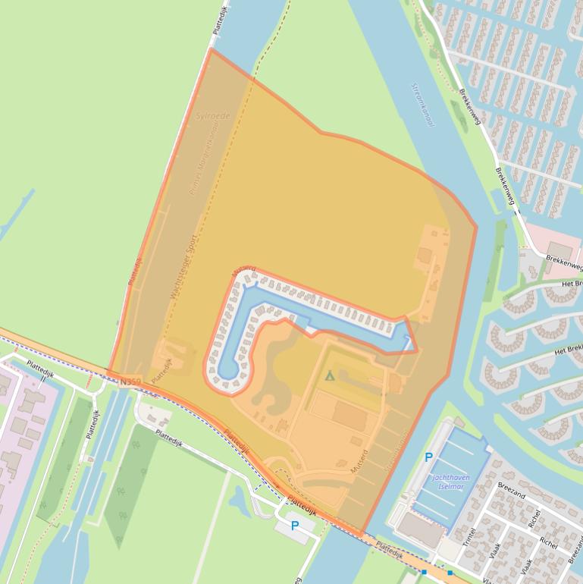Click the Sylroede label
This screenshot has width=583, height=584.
pyautogui.click(x=213, y=116)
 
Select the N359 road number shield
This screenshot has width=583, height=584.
pyautogui.click(x=130, y=382)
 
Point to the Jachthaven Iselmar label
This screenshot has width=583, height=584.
pyautogui.click(x=450, y=482)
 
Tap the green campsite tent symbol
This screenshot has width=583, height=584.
pyautogui.click(x=329, y=375)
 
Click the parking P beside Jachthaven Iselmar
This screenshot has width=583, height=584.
pyautogui.click(x=428, y=457)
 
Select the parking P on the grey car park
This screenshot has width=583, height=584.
pyautogui.click(x=295, y=525)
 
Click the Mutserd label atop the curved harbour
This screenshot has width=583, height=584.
pyautogui.click(x=244, y=271)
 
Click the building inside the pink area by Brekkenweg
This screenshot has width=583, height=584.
pyautogui.click(x=559, y=250)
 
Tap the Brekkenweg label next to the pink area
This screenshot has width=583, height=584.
pyautogui.click(x=564, y=262)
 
